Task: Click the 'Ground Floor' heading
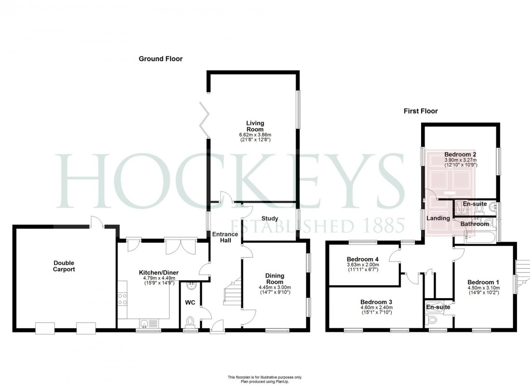[160, 59]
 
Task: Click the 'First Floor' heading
[420, 111]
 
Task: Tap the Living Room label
[255, 126]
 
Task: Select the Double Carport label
[64, 266]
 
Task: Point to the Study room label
[270, 219]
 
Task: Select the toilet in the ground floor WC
[191, 321]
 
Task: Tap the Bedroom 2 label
[461, 154]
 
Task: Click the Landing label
[438, 218]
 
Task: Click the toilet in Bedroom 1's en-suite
[432, 321]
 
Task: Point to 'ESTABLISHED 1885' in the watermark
[317, 225]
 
